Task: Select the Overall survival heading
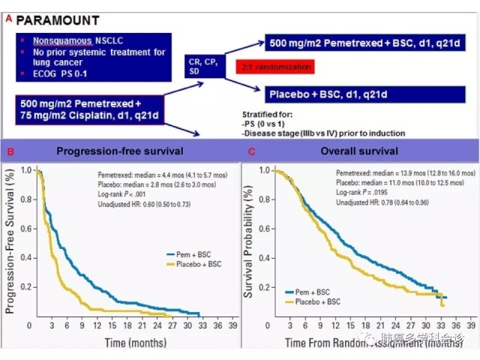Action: [x=357, y=151]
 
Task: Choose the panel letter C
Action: [x=252, y=152]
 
